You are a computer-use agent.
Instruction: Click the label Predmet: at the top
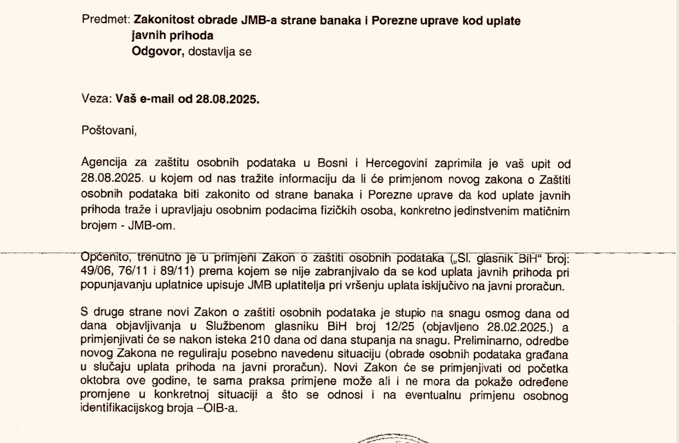(x=105, y=20)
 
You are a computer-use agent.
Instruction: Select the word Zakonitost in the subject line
(x=163, y=20)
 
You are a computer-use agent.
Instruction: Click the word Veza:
(x=96, y=100)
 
